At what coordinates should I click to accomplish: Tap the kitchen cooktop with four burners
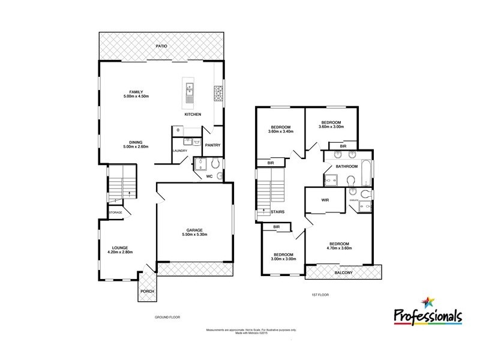(x=218, y=93)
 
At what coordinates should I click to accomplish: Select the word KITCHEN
(x=192, y=114)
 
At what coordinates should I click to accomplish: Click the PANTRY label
(x=213, y=145)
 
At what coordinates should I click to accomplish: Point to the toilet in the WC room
(x=220, y=175)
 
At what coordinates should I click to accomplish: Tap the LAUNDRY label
(x=180, y=151)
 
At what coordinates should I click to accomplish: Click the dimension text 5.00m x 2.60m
(x=135, y=146)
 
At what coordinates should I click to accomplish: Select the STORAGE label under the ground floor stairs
(x=115, y=212)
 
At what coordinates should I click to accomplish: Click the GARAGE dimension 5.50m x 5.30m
(x=194, y=235)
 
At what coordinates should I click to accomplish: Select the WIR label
(x=326, y=200)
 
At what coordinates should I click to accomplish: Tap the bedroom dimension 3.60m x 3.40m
(x=281, y=131)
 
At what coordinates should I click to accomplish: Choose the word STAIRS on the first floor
(x=277, y=212)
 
